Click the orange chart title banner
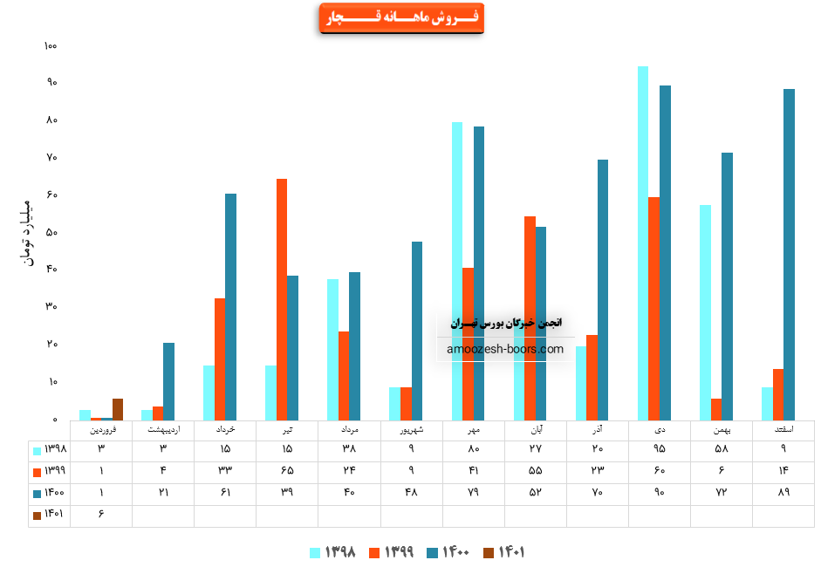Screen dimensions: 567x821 [401, 18]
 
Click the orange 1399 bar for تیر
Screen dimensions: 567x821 [282, 298]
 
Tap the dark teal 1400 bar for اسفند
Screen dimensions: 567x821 [789, 254]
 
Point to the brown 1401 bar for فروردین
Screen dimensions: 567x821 [118, 409]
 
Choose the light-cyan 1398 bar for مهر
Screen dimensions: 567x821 [457, 270]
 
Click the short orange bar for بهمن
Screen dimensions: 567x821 [716, 409]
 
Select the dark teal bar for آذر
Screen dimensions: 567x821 [603, 289]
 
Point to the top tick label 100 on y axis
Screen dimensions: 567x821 [50, 45]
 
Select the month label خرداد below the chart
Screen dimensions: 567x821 [224, 429]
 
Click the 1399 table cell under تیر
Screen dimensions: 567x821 [287, 471]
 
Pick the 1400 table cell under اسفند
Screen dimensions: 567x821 [783, 494]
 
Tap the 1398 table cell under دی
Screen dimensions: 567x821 [659, 449]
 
